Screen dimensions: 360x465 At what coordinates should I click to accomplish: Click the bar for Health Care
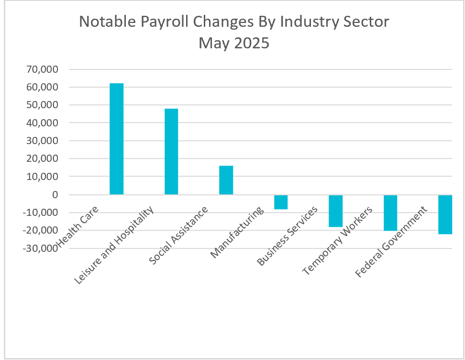(x=116, y=139)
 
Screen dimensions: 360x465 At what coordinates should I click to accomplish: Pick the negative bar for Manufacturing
(x=280, y=202)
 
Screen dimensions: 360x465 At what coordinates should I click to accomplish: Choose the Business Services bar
(x=335, y=211)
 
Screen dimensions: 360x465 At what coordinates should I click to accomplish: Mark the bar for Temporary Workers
(x=390, y=213)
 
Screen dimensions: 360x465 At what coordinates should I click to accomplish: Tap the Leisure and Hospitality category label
(x=115, y=245)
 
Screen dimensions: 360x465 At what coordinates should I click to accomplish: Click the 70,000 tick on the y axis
(x=44, y=69)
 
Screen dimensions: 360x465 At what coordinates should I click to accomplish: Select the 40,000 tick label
(x=44, y=123)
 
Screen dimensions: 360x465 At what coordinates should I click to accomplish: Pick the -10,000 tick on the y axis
(x=42, y=213)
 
